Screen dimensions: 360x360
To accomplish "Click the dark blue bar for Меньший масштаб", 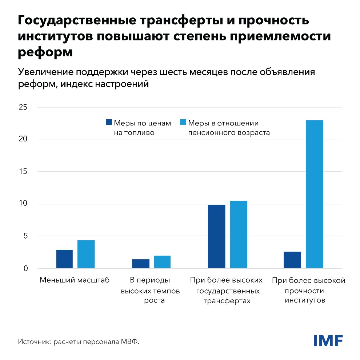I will click(x=64, y=259).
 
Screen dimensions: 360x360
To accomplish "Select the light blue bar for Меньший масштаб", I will click(x=86, y=255).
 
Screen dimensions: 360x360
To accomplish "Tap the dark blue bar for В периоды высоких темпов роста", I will click(x=140, y=264).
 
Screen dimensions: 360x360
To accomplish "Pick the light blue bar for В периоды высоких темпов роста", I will click(x=162, y=262).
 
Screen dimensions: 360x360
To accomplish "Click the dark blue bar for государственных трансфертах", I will click(x=216, y=237).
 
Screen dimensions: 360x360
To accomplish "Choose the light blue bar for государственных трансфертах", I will click(x=238, y=235).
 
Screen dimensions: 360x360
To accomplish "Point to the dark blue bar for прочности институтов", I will click(x=292, y=260).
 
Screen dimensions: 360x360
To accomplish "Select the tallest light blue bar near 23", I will click(x=314, y=195).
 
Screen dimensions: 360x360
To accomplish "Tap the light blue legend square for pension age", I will click(x=183, y=123).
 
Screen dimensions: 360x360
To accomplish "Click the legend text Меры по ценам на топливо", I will click(x=142, y=128).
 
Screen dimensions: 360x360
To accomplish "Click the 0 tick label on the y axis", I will click(x=25, y=269).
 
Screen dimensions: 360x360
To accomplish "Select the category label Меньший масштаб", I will click(x=75, y=280).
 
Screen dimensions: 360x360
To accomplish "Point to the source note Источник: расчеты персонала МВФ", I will click(x=79, y=342).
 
